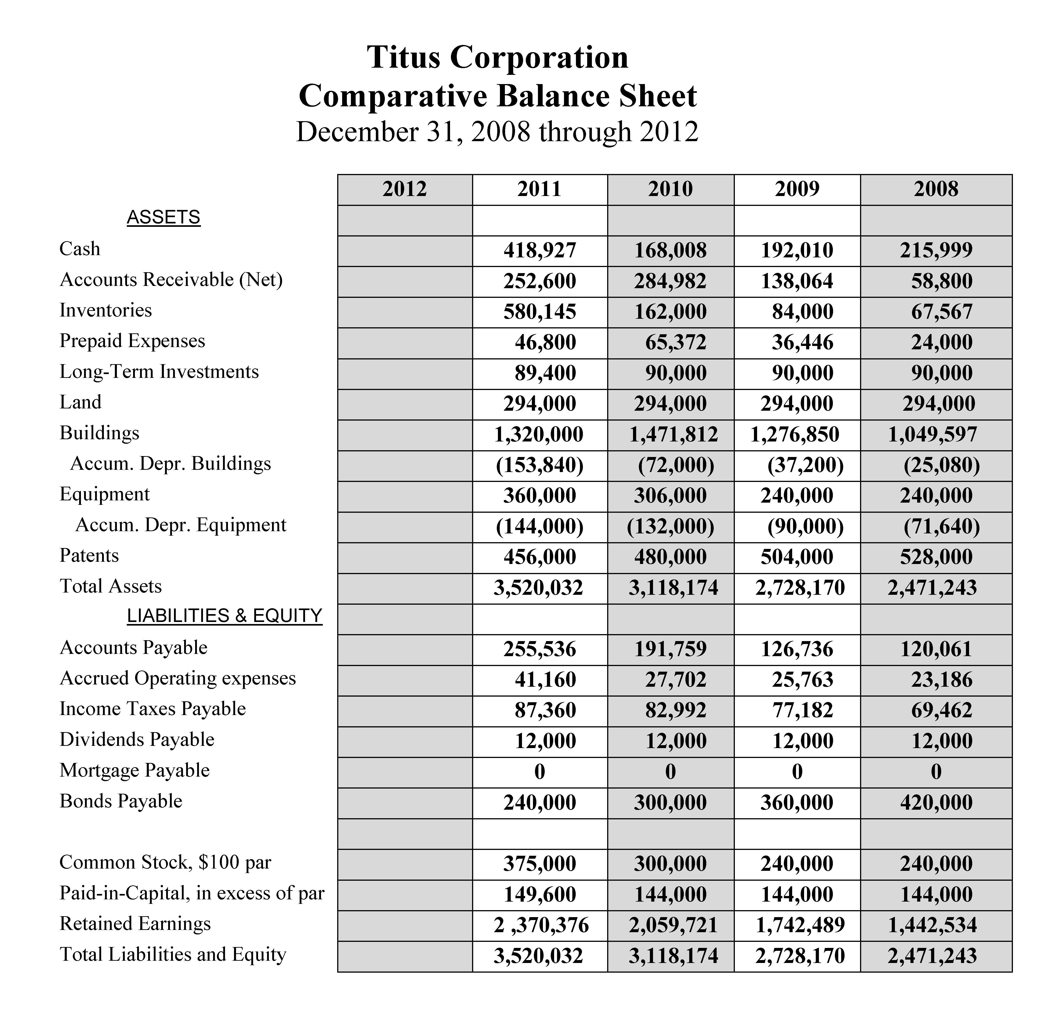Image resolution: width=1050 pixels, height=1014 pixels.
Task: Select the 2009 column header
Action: pyautogui.click(x=797, y=189)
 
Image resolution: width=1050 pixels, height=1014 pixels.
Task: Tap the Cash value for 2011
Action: pyautogui.click(x=539, y=250)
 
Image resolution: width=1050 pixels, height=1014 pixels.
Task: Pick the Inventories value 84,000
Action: pyautogui.click(x=803, y=312)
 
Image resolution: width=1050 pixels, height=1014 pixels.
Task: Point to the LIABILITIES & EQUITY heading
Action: pyautogui.click(x=225, y=616)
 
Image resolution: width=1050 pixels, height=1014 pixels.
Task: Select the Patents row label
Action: pyautogui.click(x=89, y=555)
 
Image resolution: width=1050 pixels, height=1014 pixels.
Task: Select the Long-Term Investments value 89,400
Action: pyautogui.click(x=545, y=373)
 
